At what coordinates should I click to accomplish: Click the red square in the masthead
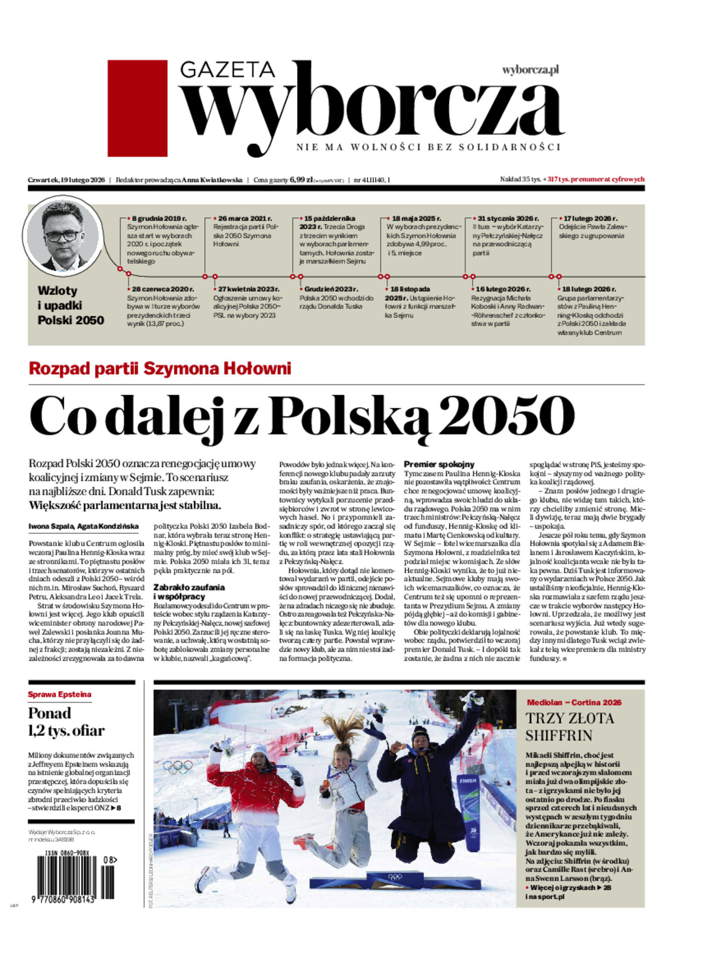pos(137,108)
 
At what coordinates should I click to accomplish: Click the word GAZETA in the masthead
pos(227,70)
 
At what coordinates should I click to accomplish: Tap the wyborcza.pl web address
pos(530,70)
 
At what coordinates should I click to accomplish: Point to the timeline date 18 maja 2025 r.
pos(416,218)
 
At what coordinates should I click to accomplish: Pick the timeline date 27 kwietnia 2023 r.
pos(249,289)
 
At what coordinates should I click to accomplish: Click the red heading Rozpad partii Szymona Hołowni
pos(160,369)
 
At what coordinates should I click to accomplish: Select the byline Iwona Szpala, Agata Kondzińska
pos(83,526)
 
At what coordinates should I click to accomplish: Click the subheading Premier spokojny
pos(439,464)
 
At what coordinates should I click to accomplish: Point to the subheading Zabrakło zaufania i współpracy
pos(189,591)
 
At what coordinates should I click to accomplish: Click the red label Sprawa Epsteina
pos(59,694)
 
